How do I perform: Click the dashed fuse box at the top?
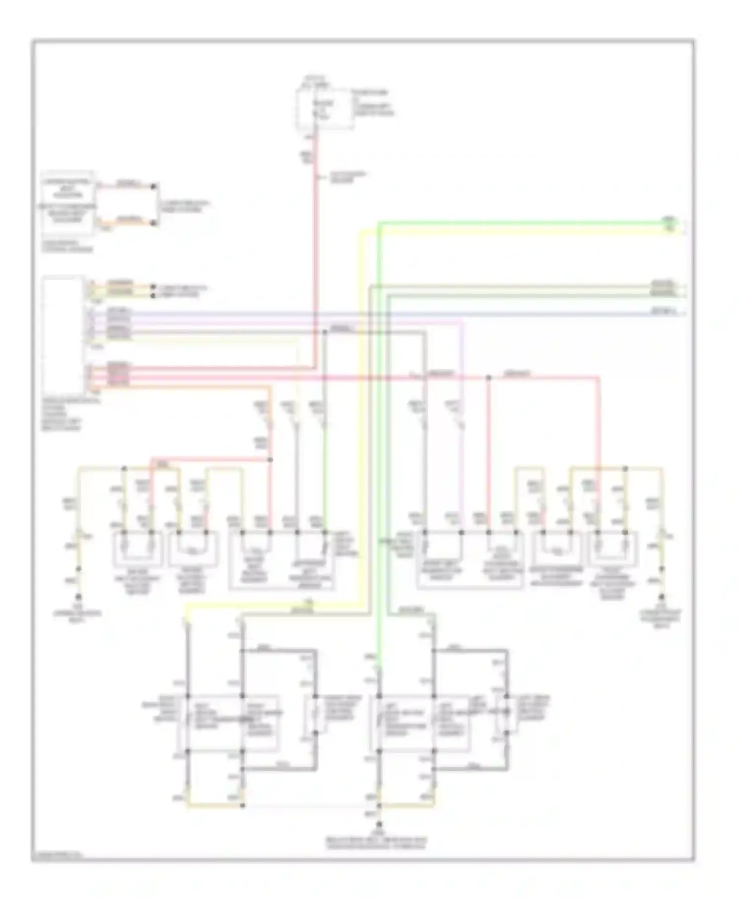tap(324, 109)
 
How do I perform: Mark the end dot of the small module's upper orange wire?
tap(154, 186)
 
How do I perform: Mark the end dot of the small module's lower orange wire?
tap(154, 223)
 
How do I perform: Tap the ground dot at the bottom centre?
tap(379, 824)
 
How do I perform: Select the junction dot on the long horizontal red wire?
tap(488, 378)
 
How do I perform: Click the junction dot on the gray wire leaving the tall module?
tap(325, 332)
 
